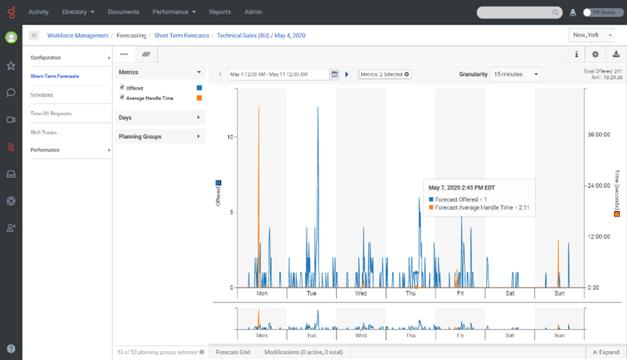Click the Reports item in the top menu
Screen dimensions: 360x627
tap(220, 12)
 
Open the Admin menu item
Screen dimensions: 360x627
tap(253, 12)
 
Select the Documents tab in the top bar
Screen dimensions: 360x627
tap(123, 12)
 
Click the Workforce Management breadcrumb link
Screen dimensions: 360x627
tap(78, 35)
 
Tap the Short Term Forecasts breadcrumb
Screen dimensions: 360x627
tap(182, 35)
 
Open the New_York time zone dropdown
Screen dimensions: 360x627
tap(592, 35)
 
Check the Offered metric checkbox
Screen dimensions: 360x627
tap(122, 88)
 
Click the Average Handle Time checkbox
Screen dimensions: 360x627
tap(122, 97)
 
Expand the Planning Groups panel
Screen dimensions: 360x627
tap(160, 137)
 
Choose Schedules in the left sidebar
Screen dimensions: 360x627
tap(42, 95)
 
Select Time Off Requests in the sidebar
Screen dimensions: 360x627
tap(51, 114)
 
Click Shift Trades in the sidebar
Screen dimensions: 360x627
tap(44, 132)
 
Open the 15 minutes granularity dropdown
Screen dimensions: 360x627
tap(515, 74)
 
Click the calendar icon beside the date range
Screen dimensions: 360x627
tap(334, 74)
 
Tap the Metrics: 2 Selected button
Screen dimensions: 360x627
tap(385, 74)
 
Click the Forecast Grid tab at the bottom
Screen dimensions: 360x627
tap(233, 353)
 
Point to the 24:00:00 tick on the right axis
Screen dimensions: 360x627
tap(597, 186)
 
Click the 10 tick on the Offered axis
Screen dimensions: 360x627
tap(230, 137)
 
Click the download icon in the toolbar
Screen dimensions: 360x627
tap(616, 54)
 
